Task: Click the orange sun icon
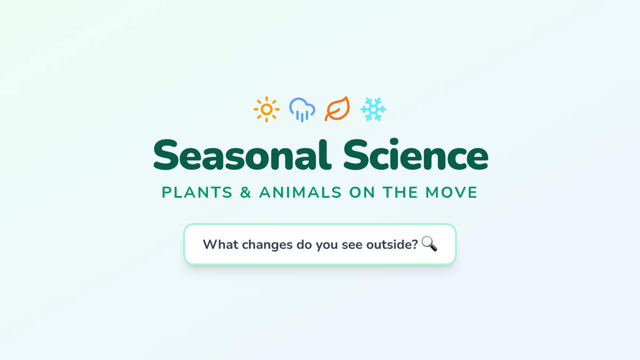(x=267, y=109)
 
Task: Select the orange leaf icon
(x=337, y=109)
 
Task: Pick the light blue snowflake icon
(x=373, y=109)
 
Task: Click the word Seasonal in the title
(x=242, y=155)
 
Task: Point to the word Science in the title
(x=415, y=154)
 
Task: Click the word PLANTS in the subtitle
(x=197, y=193)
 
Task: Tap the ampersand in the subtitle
(x=245, y=193)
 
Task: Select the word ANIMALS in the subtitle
(x=300, y=193)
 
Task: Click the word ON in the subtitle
(x=362, y=193)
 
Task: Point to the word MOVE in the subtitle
(x=451, y=193)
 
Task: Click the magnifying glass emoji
(x=429, y=244)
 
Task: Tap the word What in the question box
(x=220, y=244)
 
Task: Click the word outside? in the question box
(x=392, y=244)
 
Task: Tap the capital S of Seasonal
(x=166, y=155)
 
